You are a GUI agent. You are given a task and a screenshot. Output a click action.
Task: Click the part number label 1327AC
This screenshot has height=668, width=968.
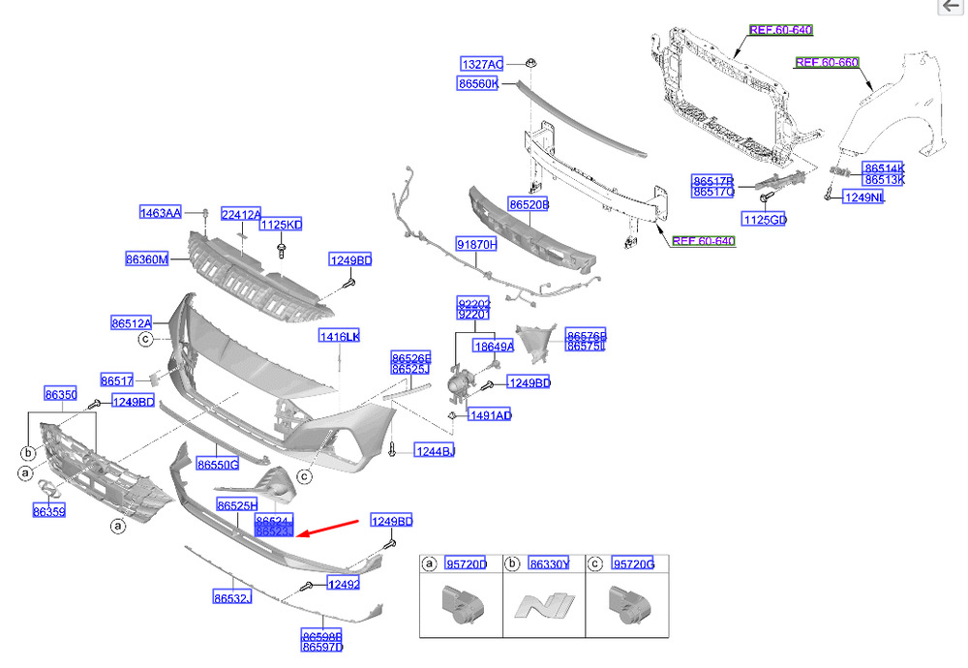[x=481, y=64]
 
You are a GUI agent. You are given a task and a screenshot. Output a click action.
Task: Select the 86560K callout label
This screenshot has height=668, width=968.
[x=478, y=84]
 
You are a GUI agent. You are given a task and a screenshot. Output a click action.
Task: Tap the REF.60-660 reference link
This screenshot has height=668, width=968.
[x=827, y=63]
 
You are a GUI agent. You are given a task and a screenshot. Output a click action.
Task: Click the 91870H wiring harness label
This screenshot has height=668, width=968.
[x=476, y=245]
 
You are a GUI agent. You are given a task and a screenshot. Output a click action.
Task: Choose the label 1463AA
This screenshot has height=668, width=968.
[x=160, y=213]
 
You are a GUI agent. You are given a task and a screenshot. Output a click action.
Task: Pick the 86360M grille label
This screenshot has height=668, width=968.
[x=146, y=259]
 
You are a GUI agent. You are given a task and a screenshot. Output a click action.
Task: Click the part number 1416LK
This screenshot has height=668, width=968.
[x=339, y=336]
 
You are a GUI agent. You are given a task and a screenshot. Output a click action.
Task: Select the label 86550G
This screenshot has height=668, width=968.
[x=218, y=465]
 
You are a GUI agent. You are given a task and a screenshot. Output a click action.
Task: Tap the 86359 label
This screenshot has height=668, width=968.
[x=48, y=510]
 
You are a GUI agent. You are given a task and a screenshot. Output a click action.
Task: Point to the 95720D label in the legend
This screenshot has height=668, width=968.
[x=467, y=563]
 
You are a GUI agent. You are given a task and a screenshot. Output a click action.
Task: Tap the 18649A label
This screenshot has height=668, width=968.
[x=493, y=346]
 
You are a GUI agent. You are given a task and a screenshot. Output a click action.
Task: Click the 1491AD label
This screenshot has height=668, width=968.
[x=489, y=415]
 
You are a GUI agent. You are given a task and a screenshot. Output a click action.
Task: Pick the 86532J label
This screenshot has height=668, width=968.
[x=232, y=598]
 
